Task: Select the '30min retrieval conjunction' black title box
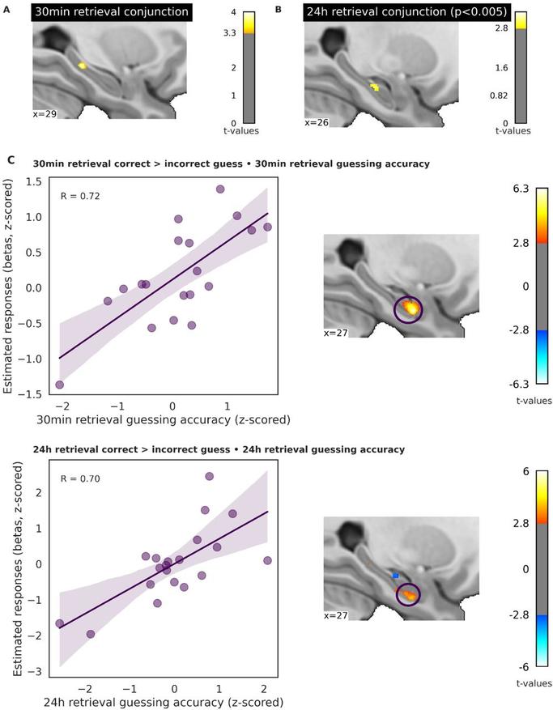click(112, 12)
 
